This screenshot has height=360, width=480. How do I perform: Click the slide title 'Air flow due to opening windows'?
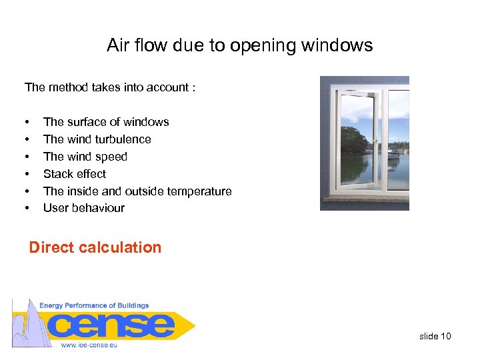[239, 45]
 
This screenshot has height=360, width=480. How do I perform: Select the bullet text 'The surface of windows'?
[106, 122]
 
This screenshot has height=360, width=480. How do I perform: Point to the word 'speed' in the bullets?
[112, 157]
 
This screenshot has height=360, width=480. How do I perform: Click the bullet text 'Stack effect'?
[75, 174]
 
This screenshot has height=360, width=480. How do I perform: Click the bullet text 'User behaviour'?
[84, 208]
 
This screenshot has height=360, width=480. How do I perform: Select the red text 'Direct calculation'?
[95, 247]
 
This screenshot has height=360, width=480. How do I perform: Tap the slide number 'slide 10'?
[435, 336]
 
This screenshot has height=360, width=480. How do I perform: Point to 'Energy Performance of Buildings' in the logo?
[94, 305]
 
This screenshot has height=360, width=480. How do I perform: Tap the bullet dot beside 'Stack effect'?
[27, 175]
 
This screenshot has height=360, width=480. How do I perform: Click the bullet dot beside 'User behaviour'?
[27, 209]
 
